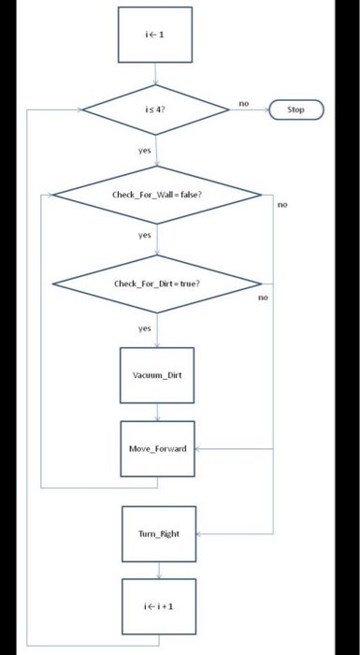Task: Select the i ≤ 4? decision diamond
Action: coord(156,109)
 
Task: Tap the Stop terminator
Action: coord(295,109)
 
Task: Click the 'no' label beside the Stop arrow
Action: coord(243,102)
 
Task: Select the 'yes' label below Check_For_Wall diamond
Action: coord(144,236)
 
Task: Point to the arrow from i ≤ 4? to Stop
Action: coord(249,109)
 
